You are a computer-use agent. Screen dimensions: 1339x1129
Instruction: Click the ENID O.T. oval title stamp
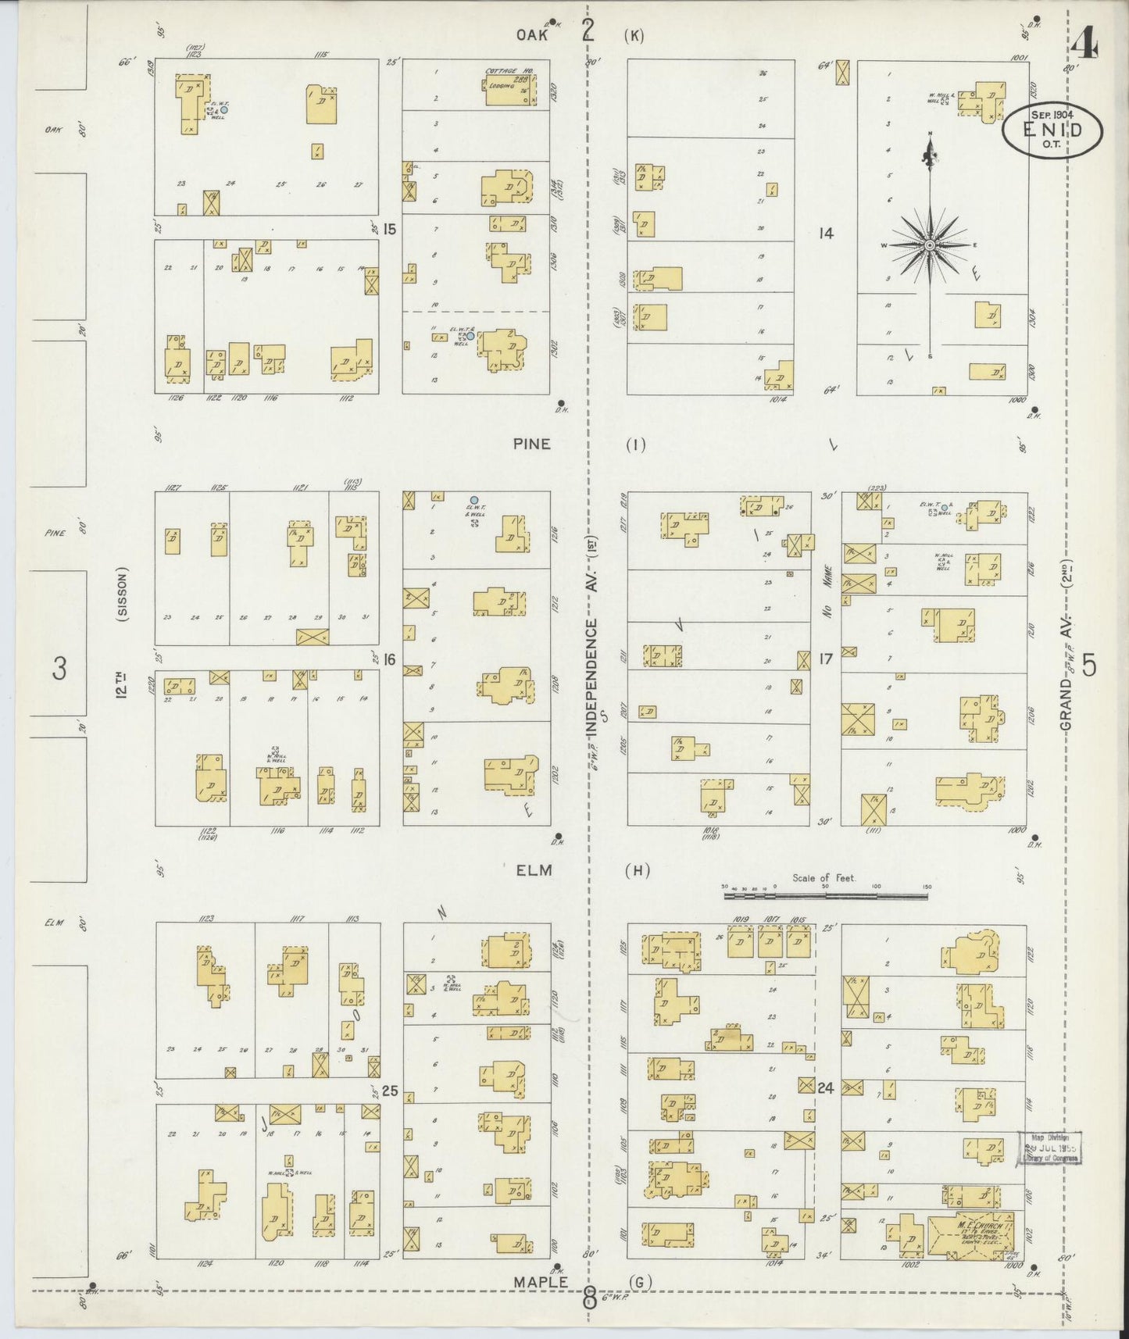[1052, 130]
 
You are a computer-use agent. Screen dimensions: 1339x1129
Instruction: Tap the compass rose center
[930, 245]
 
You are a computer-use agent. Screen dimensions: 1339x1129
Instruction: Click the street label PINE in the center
[532, 444]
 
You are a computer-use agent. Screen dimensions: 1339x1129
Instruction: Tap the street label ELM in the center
[534, 869]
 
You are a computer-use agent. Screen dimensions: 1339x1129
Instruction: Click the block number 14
[826, 233]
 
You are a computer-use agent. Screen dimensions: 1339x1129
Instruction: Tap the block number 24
[827, 1087]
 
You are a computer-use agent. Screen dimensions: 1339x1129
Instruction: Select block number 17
[826, 659]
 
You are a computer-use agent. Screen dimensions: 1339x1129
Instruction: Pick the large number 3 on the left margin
[59, 669]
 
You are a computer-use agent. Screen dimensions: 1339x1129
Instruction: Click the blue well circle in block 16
[474, 500]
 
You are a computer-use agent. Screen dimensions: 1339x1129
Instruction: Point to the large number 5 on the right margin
[1089, 666]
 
